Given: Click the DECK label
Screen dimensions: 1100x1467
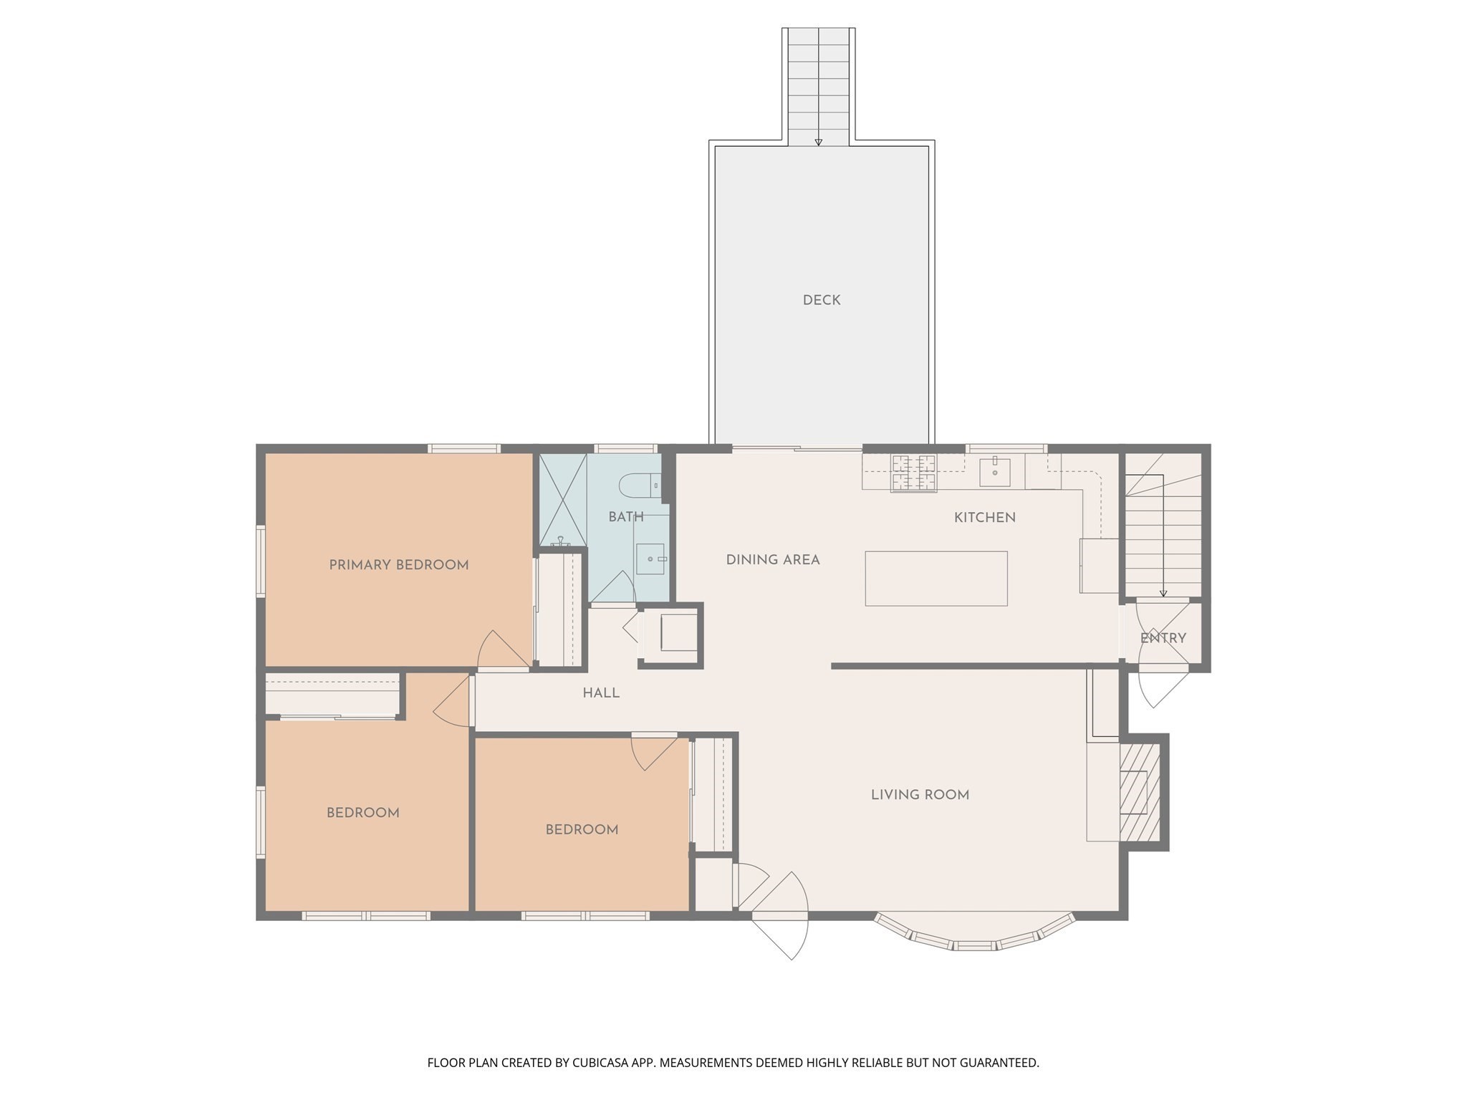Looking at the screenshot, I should point(821,300).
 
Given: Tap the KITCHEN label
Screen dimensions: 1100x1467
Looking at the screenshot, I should point(984,518).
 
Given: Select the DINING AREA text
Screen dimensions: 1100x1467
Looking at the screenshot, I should point(772,560).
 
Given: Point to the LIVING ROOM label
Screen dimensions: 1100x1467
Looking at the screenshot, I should point(920,795).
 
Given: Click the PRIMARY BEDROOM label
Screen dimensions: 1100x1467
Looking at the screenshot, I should point(398,565).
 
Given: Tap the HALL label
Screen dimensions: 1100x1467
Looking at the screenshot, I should point(600,693).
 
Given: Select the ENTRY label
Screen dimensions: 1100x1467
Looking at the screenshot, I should point(1163,638).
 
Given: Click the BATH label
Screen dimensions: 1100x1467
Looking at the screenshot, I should point(625,517).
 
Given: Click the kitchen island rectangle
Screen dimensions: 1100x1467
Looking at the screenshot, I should point(935,579).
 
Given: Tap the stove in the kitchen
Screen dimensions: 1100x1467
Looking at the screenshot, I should point(913,473).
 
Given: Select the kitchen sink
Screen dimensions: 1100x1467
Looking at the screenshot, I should point(994,472).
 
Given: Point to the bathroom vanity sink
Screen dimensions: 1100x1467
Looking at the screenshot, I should point(650,559).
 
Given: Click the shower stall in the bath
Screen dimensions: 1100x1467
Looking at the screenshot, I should point(562,499).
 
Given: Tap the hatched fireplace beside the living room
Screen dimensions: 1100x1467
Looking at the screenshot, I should point(1139,791).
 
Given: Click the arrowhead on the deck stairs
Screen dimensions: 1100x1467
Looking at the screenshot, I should point(818,143).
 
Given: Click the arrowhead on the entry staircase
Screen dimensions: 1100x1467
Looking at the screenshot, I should point(1163,593).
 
